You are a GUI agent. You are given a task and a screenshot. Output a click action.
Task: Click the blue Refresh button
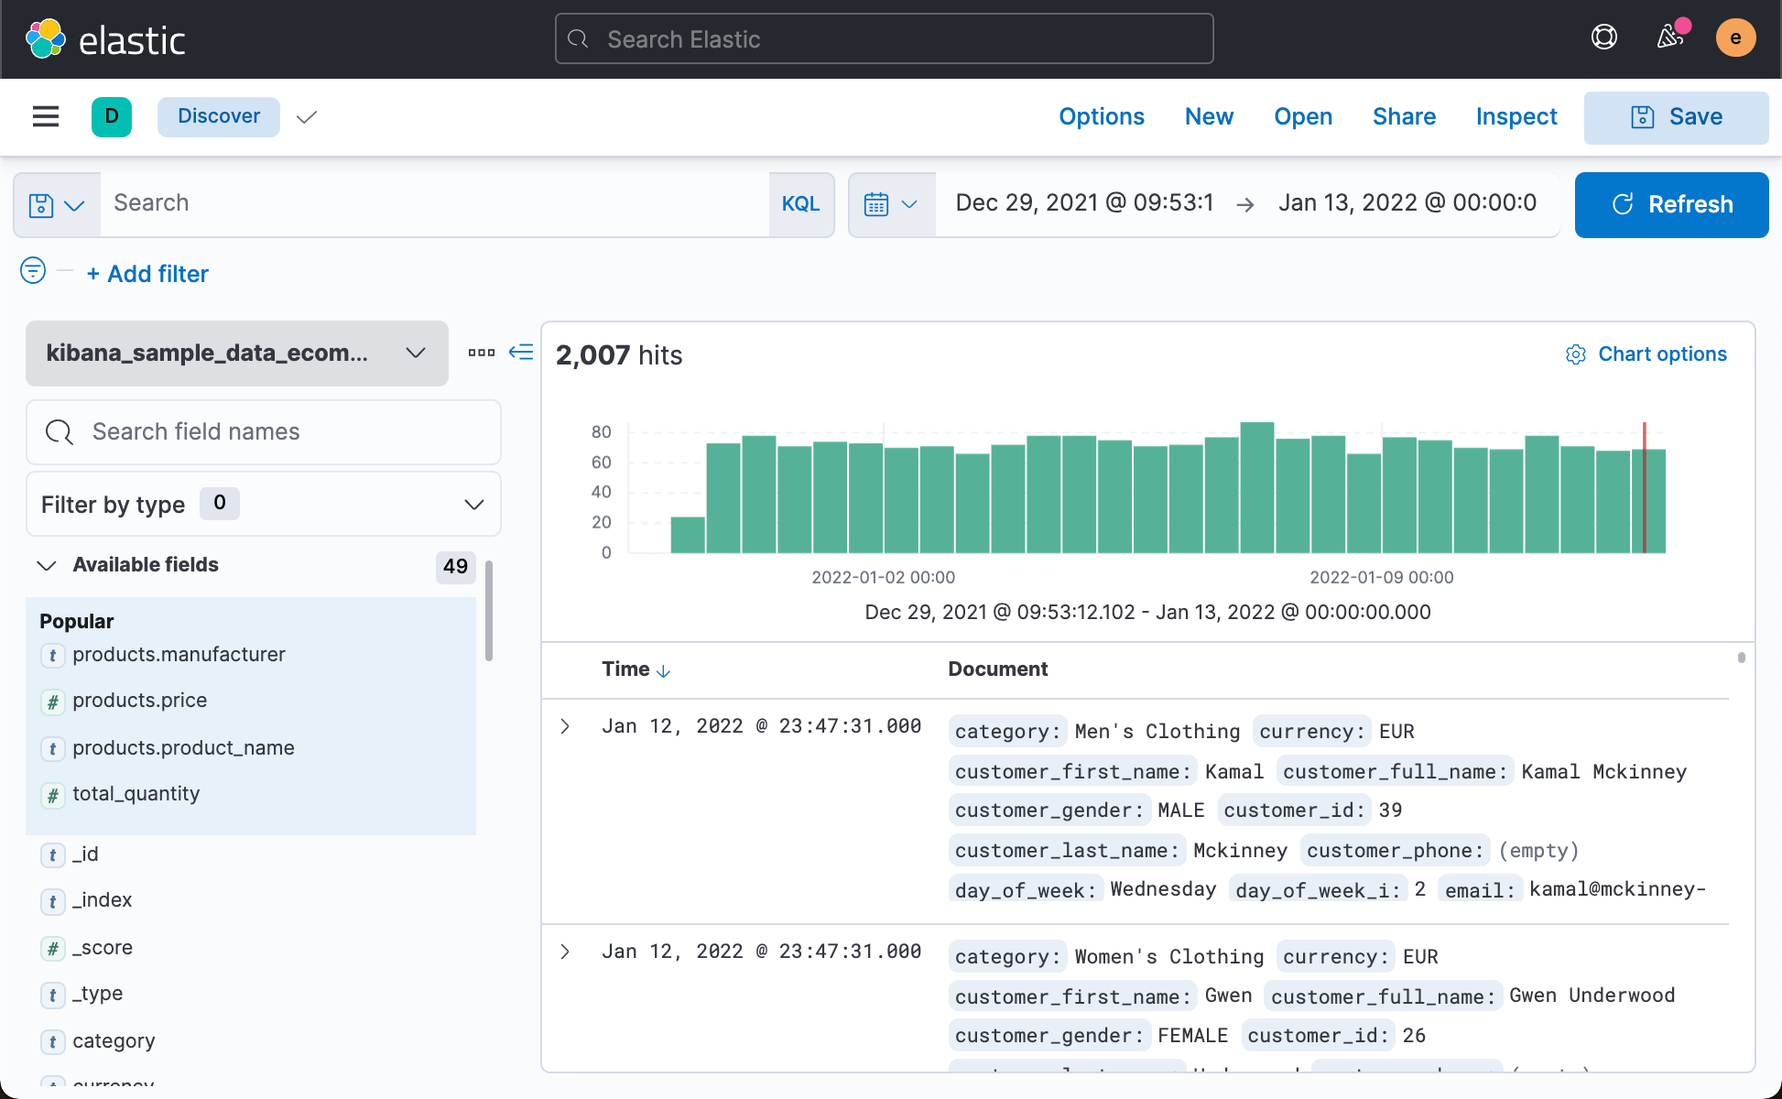[1671, 204]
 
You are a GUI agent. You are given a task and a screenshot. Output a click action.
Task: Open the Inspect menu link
[1516, 116]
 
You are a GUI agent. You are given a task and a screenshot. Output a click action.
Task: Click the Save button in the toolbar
[1676, 117]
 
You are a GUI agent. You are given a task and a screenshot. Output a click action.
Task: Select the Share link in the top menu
[1404, 116]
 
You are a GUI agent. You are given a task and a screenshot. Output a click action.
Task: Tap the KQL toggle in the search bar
[800, 204]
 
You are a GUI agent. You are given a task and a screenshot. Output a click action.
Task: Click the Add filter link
[148, 274]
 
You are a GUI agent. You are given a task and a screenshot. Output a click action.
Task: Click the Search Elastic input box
[884, 39]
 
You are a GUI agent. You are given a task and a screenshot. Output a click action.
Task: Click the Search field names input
[264, 432]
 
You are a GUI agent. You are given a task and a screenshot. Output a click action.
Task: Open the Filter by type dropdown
[264, 505]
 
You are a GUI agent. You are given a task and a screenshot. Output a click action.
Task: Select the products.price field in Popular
[140, 701]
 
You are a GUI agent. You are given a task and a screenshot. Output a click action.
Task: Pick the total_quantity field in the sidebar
[136, 794]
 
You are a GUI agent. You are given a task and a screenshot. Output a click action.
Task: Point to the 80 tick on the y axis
[602, 431]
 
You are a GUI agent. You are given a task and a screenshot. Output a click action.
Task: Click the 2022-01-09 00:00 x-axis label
[1381, 577]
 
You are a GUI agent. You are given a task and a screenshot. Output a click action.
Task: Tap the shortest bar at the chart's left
[688, 536]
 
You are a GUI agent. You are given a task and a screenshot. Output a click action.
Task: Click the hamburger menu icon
[46, 116]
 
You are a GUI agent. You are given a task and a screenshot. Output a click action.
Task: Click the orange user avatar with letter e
[1734, 38]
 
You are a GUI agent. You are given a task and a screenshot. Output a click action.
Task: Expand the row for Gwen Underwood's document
[565, 952]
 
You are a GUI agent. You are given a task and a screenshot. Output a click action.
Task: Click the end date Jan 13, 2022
[1407, 203]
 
